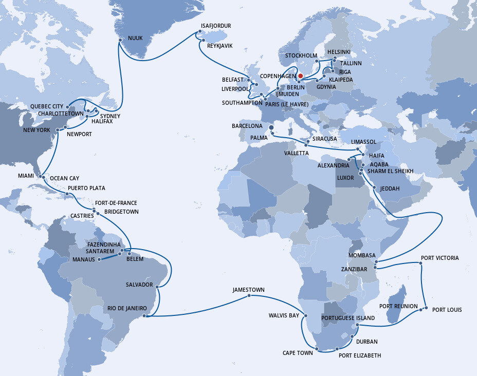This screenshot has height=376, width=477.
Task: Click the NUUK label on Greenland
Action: coord(136,38)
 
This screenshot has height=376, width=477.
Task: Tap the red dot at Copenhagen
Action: coord(301,76)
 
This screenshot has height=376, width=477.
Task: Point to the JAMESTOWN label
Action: coord(248,290)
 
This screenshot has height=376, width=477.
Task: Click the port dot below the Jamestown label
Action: coord(249,296)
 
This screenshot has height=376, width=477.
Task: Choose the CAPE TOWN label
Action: coord(297,353)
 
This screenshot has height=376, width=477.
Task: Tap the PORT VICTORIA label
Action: coord(439,258)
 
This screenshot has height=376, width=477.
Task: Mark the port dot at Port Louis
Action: coord(426,309)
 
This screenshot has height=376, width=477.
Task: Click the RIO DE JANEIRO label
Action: coord(127,308)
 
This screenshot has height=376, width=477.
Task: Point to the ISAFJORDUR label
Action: coord(215,26)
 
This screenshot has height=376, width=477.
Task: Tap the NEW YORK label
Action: coord(36,130)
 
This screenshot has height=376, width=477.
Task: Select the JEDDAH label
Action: coord(390,189)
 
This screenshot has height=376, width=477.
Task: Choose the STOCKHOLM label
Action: coord(301,55)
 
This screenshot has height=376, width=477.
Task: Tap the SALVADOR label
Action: coord(139,284)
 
